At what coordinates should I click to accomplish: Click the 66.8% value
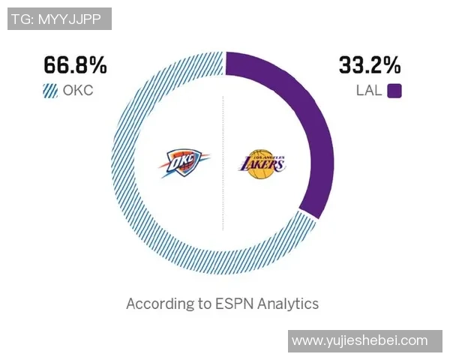pyautogui.click(x=75, y=66)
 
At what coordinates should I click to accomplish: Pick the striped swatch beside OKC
pyautogui.click(x=51, y=91)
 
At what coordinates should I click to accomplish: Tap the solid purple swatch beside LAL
pyautogui.click(x=394, y=91)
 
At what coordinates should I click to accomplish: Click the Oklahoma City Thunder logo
pyautogui.click(x=184, y=163)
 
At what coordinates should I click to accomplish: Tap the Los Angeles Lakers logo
pyautogui.click(x=262, y=163)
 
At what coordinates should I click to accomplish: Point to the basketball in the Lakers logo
pyautogui.click(x=262, y=171)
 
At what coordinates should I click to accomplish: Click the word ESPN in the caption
pyautogui.click(x=233, y=304)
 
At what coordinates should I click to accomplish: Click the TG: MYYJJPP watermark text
pyautogui.click(x=59, y=18)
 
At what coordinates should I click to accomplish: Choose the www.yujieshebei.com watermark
pyautogui.click(x=359, y=340)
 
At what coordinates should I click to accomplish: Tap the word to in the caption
pyautogui.click(x=199, y=304)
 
